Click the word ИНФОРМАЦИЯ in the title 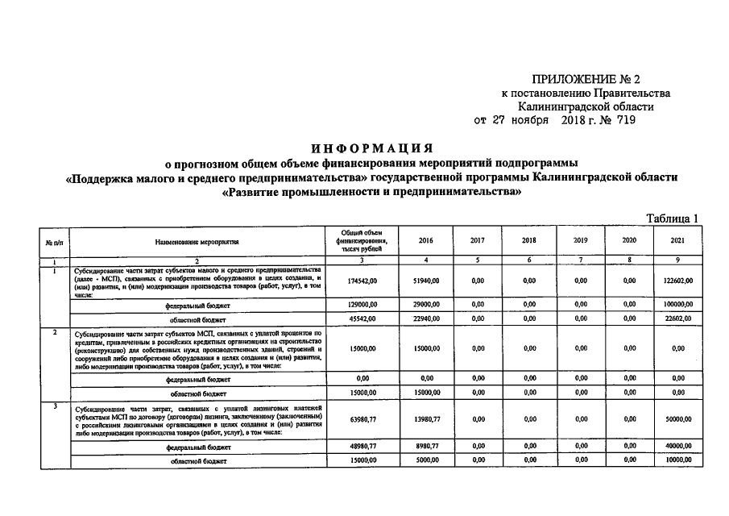tap(371, 148)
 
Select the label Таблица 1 tap(673, 218)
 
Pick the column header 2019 tap(580, 240)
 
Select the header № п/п tap(53, 240)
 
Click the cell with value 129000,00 tap(362, 305)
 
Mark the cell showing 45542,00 tap(362, 318)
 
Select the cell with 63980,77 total tap(362, 420)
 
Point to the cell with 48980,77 tap(362, 446)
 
